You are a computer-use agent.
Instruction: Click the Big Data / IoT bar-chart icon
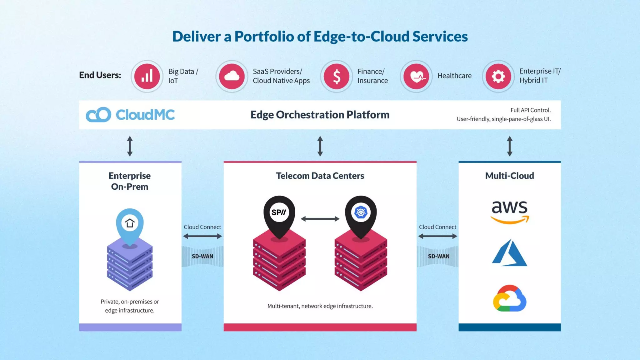(x=147, y=76)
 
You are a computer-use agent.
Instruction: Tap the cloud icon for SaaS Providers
(x=232, y=76)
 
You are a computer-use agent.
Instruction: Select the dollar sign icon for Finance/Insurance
(x=337, y=76)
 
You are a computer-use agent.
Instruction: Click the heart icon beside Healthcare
(x=416, y=76)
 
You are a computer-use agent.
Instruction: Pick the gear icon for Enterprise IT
(x=498, y=76)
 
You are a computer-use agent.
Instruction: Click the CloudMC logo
(x=130, y=115)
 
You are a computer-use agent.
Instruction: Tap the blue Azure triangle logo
(x=510, y=253)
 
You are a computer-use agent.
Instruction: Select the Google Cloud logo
(x=510, y=298)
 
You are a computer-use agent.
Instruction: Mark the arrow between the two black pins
(x=320, y=219)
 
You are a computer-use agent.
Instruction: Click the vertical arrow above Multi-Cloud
(x=510, y=146)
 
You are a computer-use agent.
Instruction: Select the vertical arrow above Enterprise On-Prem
(x=130, y=146)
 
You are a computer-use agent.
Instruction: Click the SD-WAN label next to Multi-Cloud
(x=438, y=256)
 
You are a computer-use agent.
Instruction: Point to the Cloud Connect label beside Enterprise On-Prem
(x=202, y=227)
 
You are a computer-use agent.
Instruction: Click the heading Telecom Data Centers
(x=320, y=176)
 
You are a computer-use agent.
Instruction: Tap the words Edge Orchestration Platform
(x=320, y=115)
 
